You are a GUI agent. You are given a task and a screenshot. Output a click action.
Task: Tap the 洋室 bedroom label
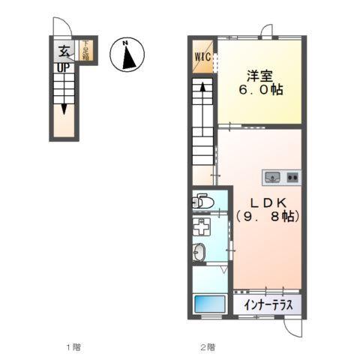(260, 76)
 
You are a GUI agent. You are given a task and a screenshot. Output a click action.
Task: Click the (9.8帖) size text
(268, 217)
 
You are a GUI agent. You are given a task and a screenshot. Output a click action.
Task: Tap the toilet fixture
(202, 200)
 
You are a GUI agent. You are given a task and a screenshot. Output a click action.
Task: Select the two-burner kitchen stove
(292, 178)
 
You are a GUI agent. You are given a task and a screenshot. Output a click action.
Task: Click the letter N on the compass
(127, 43)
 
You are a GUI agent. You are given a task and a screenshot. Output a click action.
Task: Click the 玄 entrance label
(65, 52)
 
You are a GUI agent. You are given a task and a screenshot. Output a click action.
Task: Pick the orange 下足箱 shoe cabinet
(86, 52)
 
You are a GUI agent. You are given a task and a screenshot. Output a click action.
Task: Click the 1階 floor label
(73, 347)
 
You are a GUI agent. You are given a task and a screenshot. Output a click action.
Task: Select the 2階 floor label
(207, 347)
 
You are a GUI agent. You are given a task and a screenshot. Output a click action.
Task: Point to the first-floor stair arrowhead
(65, 108)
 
